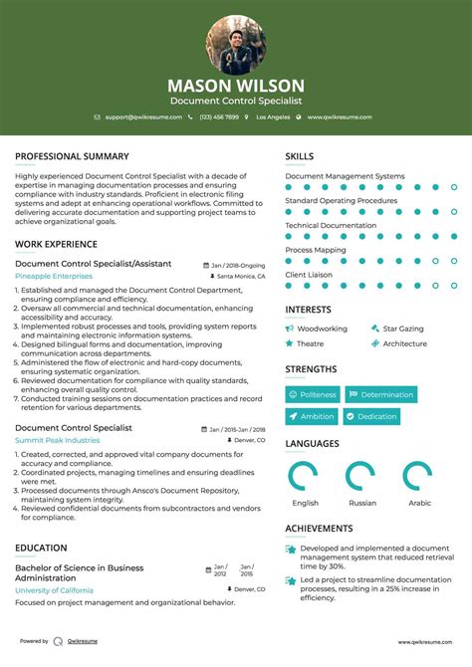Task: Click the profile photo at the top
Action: click(236, 45)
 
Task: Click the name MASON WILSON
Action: click(236, 86)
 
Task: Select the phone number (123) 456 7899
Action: click(218, 117)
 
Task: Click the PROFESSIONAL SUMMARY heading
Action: click(72, 156)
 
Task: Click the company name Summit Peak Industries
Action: click(58, 440)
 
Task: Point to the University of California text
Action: click(55, 590)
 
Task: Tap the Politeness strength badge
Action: click(313, 394)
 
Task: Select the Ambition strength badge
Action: click(312, 416)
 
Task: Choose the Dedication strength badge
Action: click(371, 416)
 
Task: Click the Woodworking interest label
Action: click(322, 329)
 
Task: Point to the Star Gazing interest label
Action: click(402, 329)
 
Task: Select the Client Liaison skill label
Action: click(308, 274)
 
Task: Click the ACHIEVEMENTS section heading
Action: click(319, 529)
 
